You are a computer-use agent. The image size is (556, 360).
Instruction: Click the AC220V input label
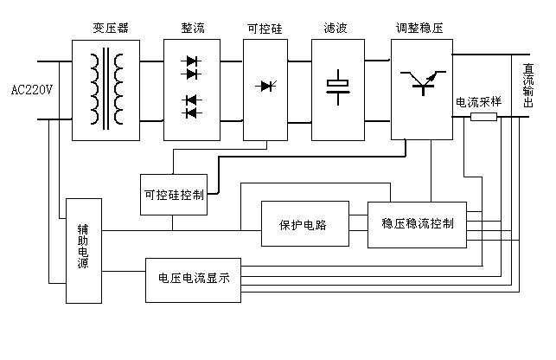click(x=33, y=89)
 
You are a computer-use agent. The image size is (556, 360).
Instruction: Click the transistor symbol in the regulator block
click(x=422, y=83)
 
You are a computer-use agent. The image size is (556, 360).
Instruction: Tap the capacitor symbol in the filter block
click(x=336, y=85)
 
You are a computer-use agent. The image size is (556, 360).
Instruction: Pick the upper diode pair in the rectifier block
click(x=192, y=69)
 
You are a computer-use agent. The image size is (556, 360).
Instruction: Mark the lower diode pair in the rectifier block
click(x=192, y=106)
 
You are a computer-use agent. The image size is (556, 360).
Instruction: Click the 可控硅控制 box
click(x=173, y=195)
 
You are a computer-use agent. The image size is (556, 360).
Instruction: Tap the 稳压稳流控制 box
click(x=417, y=224)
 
